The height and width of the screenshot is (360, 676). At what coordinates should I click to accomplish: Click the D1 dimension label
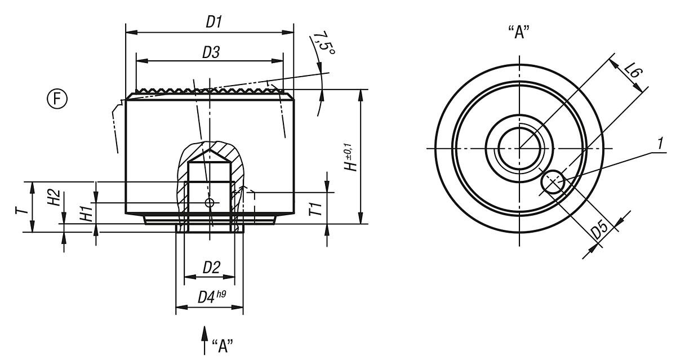coord(214,23)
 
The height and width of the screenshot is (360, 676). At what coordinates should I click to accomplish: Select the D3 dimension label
coord(211,52)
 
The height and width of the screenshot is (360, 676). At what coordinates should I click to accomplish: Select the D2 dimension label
coord(211,268)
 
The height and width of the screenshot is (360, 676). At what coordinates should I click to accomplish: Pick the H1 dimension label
coord(86,214)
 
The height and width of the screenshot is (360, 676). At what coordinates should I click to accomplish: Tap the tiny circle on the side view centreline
coord(210,203)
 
